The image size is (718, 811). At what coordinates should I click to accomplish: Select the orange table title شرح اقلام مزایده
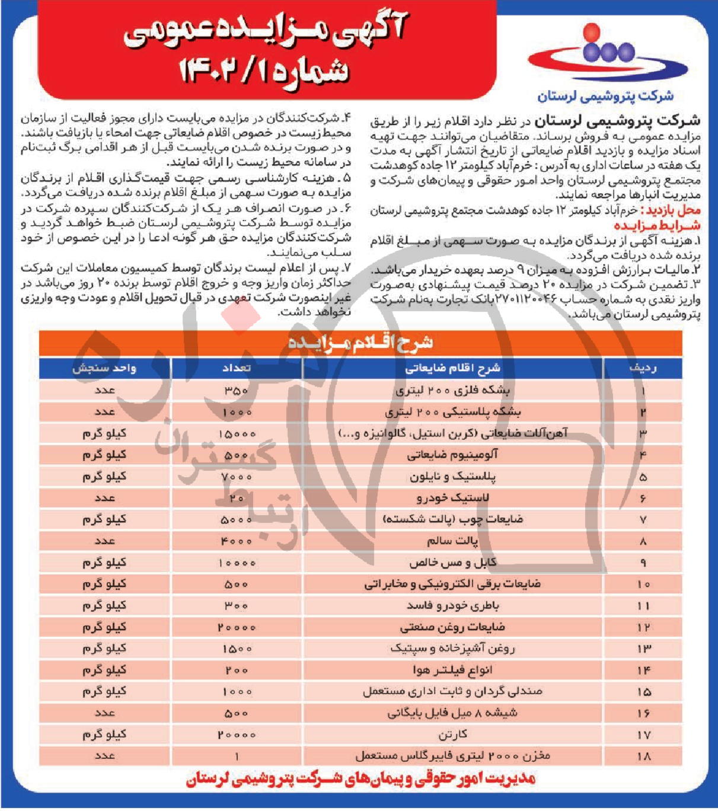tap(360, 343)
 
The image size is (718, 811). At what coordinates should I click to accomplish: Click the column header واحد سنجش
tap(104, 368)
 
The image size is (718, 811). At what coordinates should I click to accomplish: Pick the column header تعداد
tap(237, 368)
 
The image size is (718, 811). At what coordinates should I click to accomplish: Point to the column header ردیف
tap(643, 368)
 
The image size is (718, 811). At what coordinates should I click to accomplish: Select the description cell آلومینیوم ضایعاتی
tap(452, 455)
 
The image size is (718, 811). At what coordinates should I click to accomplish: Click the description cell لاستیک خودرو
tap(452, 498)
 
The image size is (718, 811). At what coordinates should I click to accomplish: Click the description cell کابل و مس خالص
tap(452, 563)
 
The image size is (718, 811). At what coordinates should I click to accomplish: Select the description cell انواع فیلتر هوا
tap(452, 670)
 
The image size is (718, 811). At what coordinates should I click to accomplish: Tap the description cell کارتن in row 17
tap(452, 735)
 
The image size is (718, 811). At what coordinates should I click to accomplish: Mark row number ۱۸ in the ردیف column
tap(643, 756)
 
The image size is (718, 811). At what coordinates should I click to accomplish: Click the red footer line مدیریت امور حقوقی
tap(360, 778)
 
